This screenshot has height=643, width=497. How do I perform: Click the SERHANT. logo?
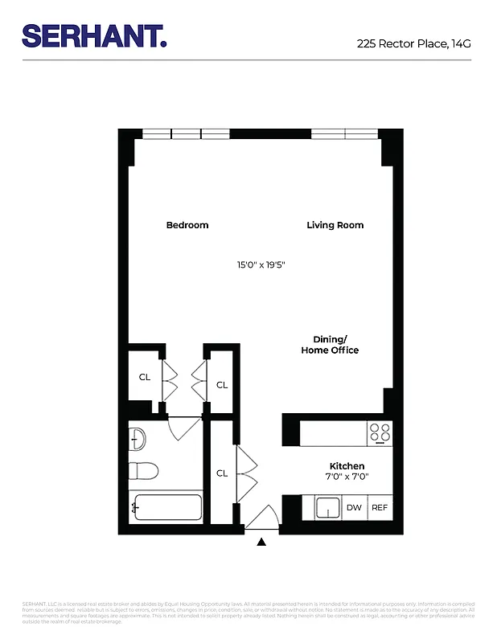94,35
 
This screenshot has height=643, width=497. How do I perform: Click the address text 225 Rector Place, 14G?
413,44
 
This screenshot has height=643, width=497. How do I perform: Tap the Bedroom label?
187,225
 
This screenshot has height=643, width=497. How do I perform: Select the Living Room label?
335,225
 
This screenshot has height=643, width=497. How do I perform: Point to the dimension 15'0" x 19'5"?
261,264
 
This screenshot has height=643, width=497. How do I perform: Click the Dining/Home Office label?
330,345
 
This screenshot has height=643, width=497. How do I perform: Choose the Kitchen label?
347,466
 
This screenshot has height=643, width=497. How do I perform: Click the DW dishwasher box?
354,508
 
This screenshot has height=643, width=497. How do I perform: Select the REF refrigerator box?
379,508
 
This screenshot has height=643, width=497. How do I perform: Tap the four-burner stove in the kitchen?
379,433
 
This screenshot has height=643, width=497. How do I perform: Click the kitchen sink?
327,508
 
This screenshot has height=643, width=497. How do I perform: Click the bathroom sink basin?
137,439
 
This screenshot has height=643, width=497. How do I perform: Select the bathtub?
166,508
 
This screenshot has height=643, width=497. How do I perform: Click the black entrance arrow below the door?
261,543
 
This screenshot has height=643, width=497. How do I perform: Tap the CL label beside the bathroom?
222,473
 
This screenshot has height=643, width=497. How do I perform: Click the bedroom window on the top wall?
186,134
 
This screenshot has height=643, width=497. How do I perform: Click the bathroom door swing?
185,427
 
